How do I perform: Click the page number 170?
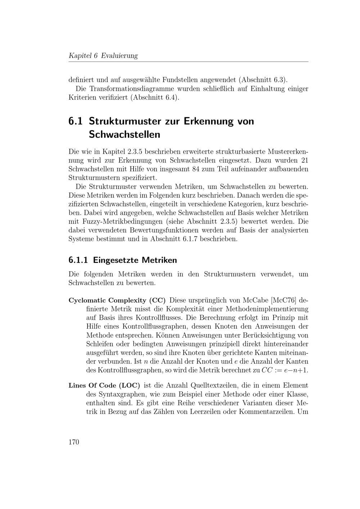pyautogui.click(x=73, y=442)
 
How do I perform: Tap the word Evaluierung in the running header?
pyautogui.click(x=119, y=56)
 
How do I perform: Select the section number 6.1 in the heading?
pyautogui.click(x=75, y=121)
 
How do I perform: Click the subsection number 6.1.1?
pyautogui.click(x=78, y=260)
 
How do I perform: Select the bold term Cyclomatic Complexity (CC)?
pyautogui.click(x=117, y=300)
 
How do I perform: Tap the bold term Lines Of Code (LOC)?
pyautogui.click(x=104, y=386)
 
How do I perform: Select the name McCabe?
pyautogui.click(x=256, y=300)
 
